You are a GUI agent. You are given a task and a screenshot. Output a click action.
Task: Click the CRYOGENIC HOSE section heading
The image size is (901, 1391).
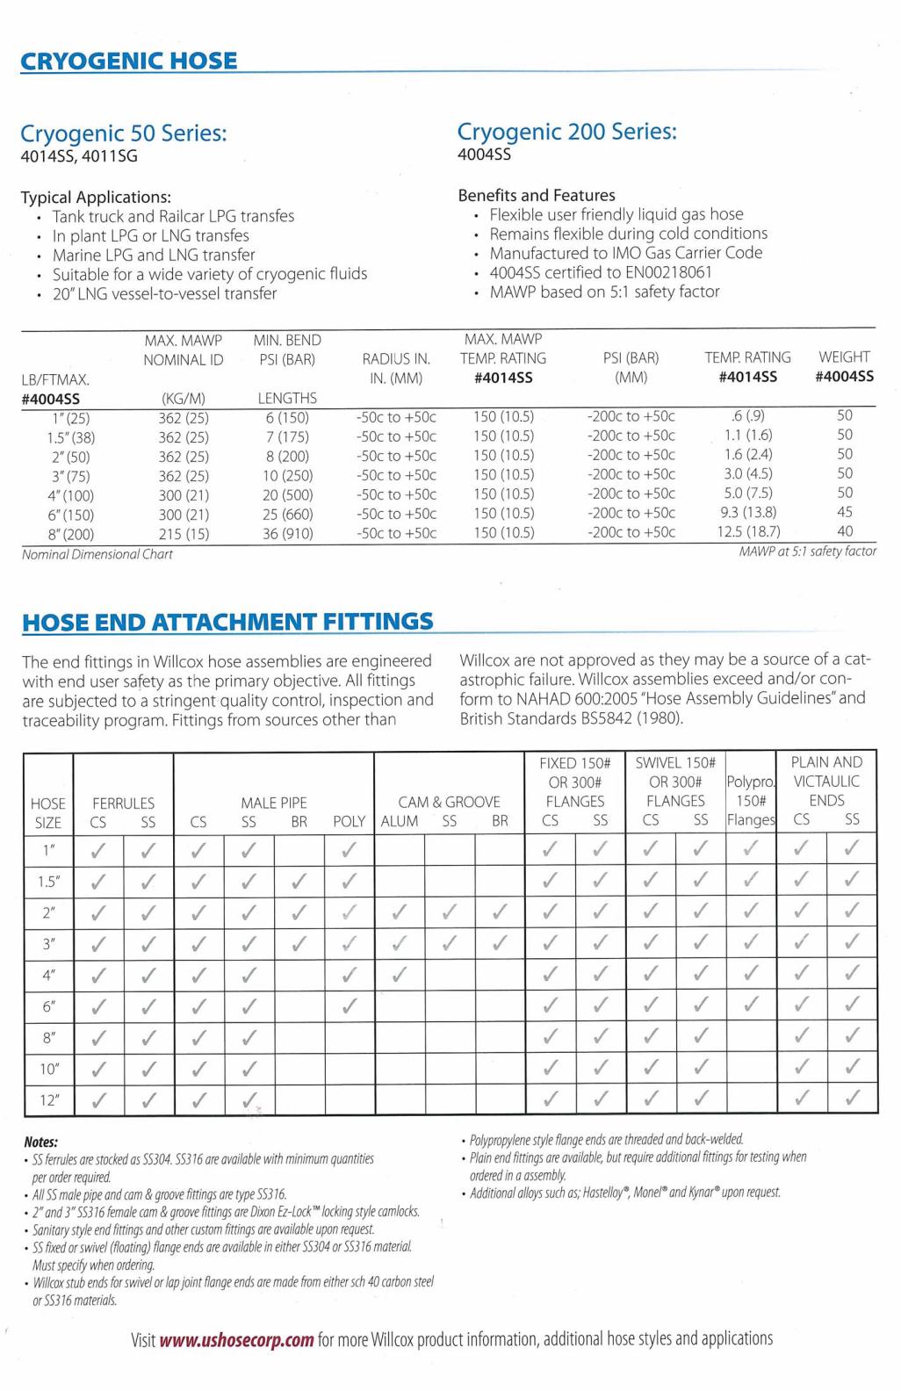coord(128,61)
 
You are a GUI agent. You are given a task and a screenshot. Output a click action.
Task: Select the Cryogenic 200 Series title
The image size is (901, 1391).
coord(566,132)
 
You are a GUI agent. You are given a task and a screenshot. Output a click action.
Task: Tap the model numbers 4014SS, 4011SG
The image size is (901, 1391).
coord(79,157)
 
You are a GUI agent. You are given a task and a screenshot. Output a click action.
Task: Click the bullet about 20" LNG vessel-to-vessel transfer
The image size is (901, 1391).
coord(164,293)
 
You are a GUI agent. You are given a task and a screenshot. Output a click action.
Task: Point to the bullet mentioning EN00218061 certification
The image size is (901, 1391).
coord(601,272)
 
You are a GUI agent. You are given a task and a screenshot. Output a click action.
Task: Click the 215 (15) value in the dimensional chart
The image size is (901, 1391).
coord(184,534)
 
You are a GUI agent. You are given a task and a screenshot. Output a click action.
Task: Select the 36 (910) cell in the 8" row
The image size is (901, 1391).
coord(287,534)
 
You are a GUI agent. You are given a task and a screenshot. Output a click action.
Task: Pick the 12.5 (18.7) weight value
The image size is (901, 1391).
coord(748,531)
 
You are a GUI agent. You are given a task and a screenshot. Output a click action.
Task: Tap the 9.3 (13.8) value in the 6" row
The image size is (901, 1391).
coord(748,512)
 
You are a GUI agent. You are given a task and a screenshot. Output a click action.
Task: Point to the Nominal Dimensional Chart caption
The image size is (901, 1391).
coord(97,554)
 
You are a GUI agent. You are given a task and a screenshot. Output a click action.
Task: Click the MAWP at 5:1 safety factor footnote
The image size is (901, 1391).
coord(808,551)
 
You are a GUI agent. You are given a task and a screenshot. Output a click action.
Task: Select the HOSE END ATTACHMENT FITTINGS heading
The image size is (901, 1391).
coord(227,623)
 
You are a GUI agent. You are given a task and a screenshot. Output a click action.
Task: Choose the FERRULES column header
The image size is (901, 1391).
coord(123,803)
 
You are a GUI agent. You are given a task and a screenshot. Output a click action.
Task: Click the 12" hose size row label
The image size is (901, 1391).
coord(48,1099)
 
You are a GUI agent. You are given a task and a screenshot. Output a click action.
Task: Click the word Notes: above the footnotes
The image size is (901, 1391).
coord(40,1142)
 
